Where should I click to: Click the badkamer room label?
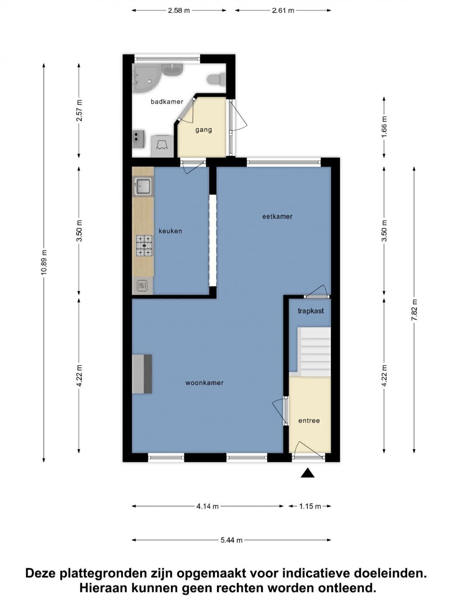(167, 102)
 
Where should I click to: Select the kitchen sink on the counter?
(142, 187)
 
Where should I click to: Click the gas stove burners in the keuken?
(144, 245)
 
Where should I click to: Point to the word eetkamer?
(277, 216)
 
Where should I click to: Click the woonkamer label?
(205, 383)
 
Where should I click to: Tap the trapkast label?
(311, 311)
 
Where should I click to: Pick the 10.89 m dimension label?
(44, 263)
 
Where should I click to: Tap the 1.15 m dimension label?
(310, 514)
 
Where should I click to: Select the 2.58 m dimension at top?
(179, 11)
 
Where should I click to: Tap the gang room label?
(204, 130)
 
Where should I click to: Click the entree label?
(309, 420)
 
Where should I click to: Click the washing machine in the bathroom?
(162, 146)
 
